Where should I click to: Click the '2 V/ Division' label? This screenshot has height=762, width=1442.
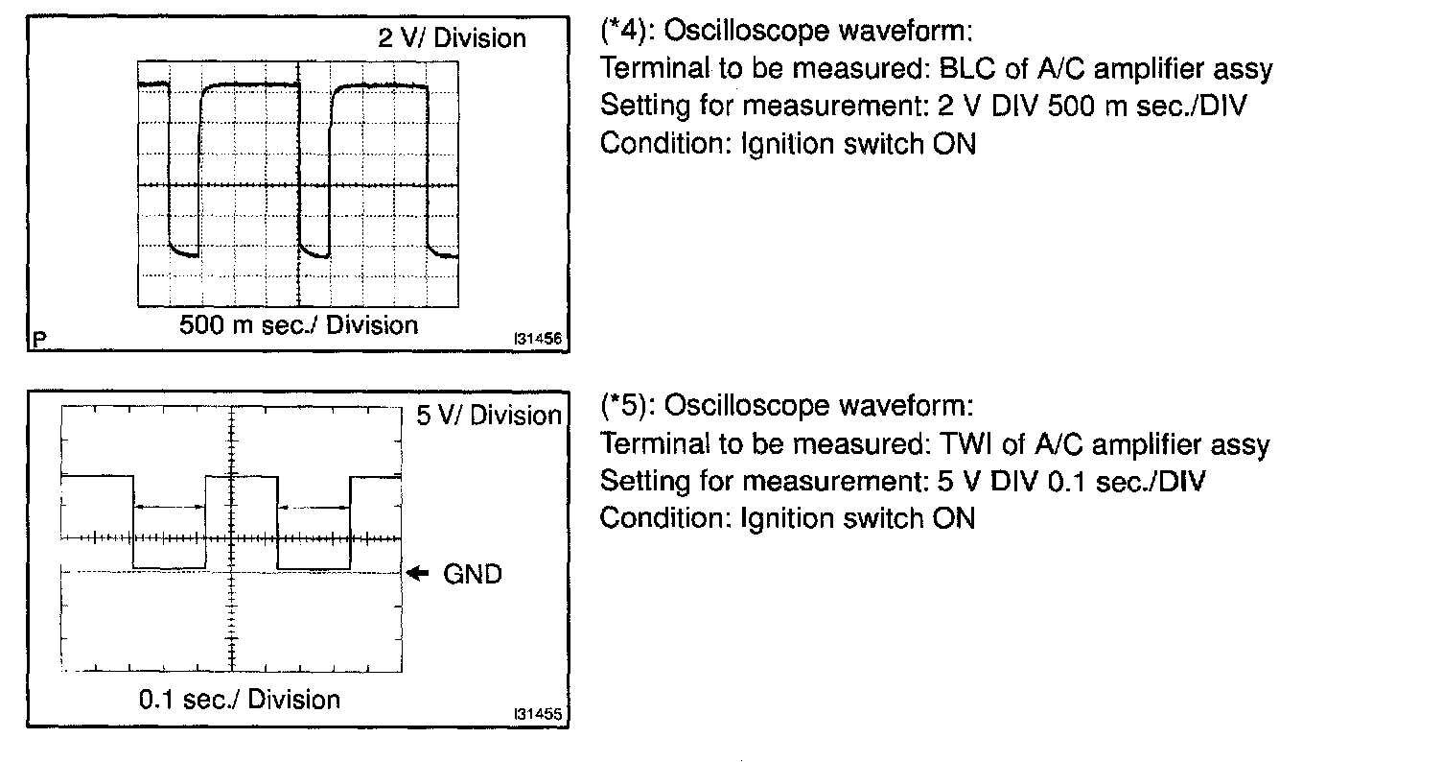tap(453, 38)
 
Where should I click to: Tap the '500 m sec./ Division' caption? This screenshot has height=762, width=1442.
tap(299, 325)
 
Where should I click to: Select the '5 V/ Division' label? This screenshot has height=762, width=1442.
tap(489, 416)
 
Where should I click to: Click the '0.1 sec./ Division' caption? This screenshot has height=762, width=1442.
tap(240, 699)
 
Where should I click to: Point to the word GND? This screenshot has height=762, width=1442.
tap(472, 575)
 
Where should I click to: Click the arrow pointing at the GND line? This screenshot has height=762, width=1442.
tap(419, 574)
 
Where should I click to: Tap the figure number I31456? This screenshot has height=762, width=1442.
tap(537, 339)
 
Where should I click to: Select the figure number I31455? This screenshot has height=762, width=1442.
tap(537, 715)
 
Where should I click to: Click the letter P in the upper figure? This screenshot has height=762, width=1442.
tap(38, 339)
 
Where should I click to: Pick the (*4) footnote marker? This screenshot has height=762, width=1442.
tap(626, 33)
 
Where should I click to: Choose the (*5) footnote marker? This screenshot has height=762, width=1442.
tap(626, 407)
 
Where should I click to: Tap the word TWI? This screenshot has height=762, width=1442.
tap(970, 444)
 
